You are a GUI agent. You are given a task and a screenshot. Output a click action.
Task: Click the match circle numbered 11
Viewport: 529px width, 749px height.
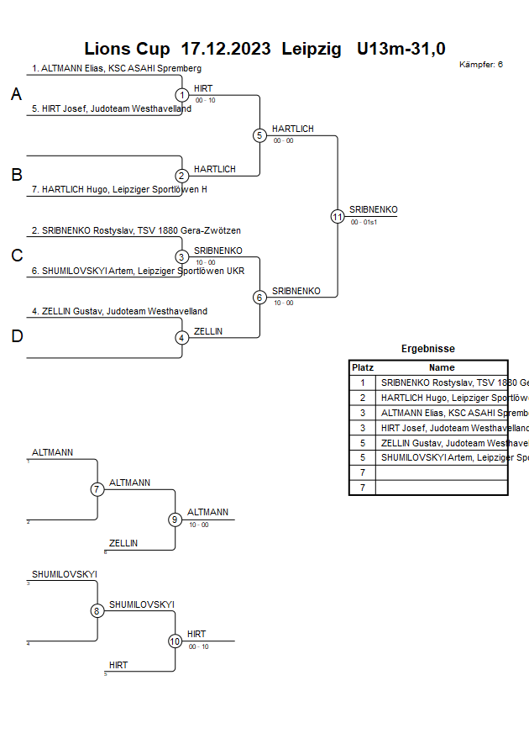338,216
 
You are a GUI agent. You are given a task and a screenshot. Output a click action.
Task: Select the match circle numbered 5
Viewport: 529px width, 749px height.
259,135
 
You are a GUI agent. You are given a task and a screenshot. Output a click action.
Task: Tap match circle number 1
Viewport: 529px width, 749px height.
182,95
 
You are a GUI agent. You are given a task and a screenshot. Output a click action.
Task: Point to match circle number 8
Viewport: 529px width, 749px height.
97,611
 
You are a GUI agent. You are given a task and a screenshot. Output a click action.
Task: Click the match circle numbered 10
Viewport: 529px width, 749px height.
175,641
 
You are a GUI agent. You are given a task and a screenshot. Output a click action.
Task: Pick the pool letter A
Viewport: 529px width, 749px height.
16,95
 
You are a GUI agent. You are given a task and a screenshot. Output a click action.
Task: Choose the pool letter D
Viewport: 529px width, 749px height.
16,336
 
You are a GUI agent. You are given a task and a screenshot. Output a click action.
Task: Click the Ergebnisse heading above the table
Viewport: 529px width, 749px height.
428,349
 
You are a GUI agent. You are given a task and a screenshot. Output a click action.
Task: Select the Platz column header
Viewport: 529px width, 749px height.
363,367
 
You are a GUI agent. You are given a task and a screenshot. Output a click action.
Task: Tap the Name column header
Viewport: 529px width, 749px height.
442,367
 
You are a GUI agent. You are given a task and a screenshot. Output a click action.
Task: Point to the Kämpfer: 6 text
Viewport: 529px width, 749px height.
482,65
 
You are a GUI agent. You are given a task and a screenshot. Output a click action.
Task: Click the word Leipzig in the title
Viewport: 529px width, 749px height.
312,49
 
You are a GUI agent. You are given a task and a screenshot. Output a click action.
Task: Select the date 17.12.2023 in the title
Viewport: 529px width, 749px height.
225,49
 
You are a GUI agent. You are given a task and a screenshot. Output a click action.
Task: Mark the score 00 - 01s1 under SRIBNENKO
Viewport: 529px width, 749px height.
364,222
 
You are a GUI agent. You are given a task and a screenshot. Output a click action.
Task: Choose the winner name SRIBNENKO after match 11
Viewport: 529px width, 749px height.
374,209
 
